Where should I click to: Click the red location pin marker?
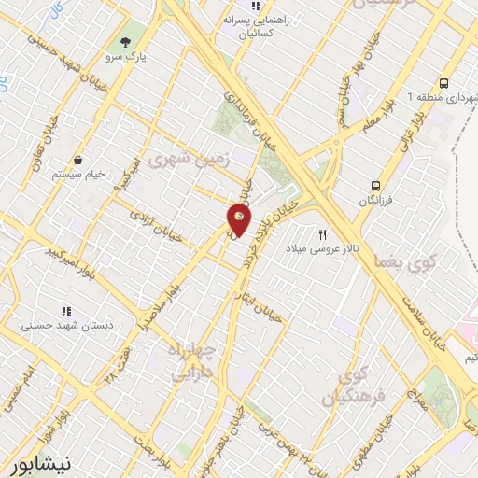coord(240,220)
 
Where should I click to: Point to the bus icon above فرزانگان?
coord(375,186)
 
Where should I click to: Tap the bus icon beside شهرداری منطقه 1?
coord(444,82)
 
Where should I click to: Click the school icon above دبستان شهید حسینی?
coord(65,310)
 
